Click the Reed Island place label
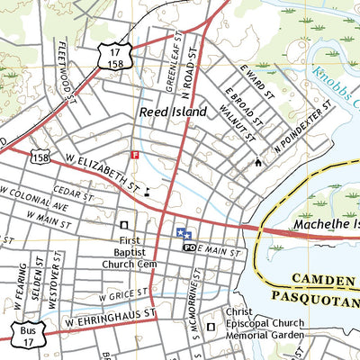[173, 112]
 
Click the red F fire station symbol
[135, 155]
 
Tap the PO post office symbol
[189, 247]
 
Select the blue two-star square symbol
[183, 232]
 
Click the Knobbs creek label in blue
[333, 85]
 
